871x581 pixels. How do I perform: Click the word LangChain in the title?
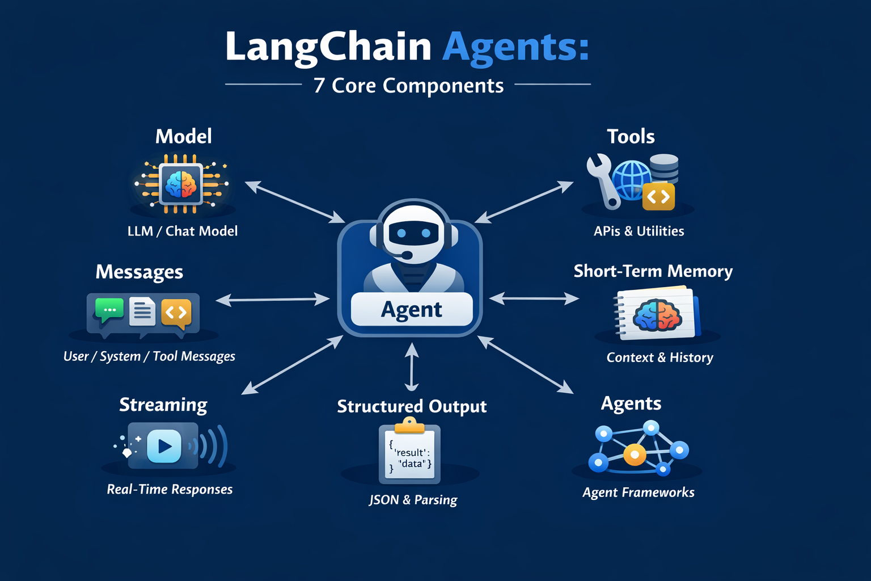(328, 47)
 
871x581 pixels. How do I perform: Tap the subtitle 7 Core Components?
(408, 85)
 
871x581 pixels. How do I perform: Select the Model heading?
(184, 136)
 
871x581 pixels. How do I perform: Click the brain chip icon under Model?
(181, 184)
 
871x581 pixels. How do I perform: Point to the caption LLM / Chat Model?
(183, 231)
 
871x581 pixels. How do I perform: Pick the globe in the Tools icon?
(632, 180)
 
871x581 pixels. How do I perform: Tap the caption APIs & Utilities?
(639, 231)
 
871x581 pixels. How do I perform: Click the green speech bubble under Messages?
(109, 310)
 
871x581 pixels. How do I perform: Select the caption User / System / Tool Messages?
(149, 356)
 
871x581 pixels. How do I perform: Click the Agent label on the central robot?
(412, 310)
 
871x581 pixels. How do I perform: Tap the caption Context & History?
(660, 357)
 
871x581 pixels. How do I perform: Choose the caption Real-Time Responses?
(170, 489)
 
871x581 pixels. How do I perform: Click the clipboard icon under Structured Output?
(410, 451)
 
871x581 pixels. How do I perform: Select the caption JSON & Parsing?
(413, 500)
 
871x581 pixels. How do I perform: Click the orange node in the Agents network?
(635, 454)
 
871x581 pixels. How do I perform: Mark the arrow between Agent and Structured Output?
(412, 367)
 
